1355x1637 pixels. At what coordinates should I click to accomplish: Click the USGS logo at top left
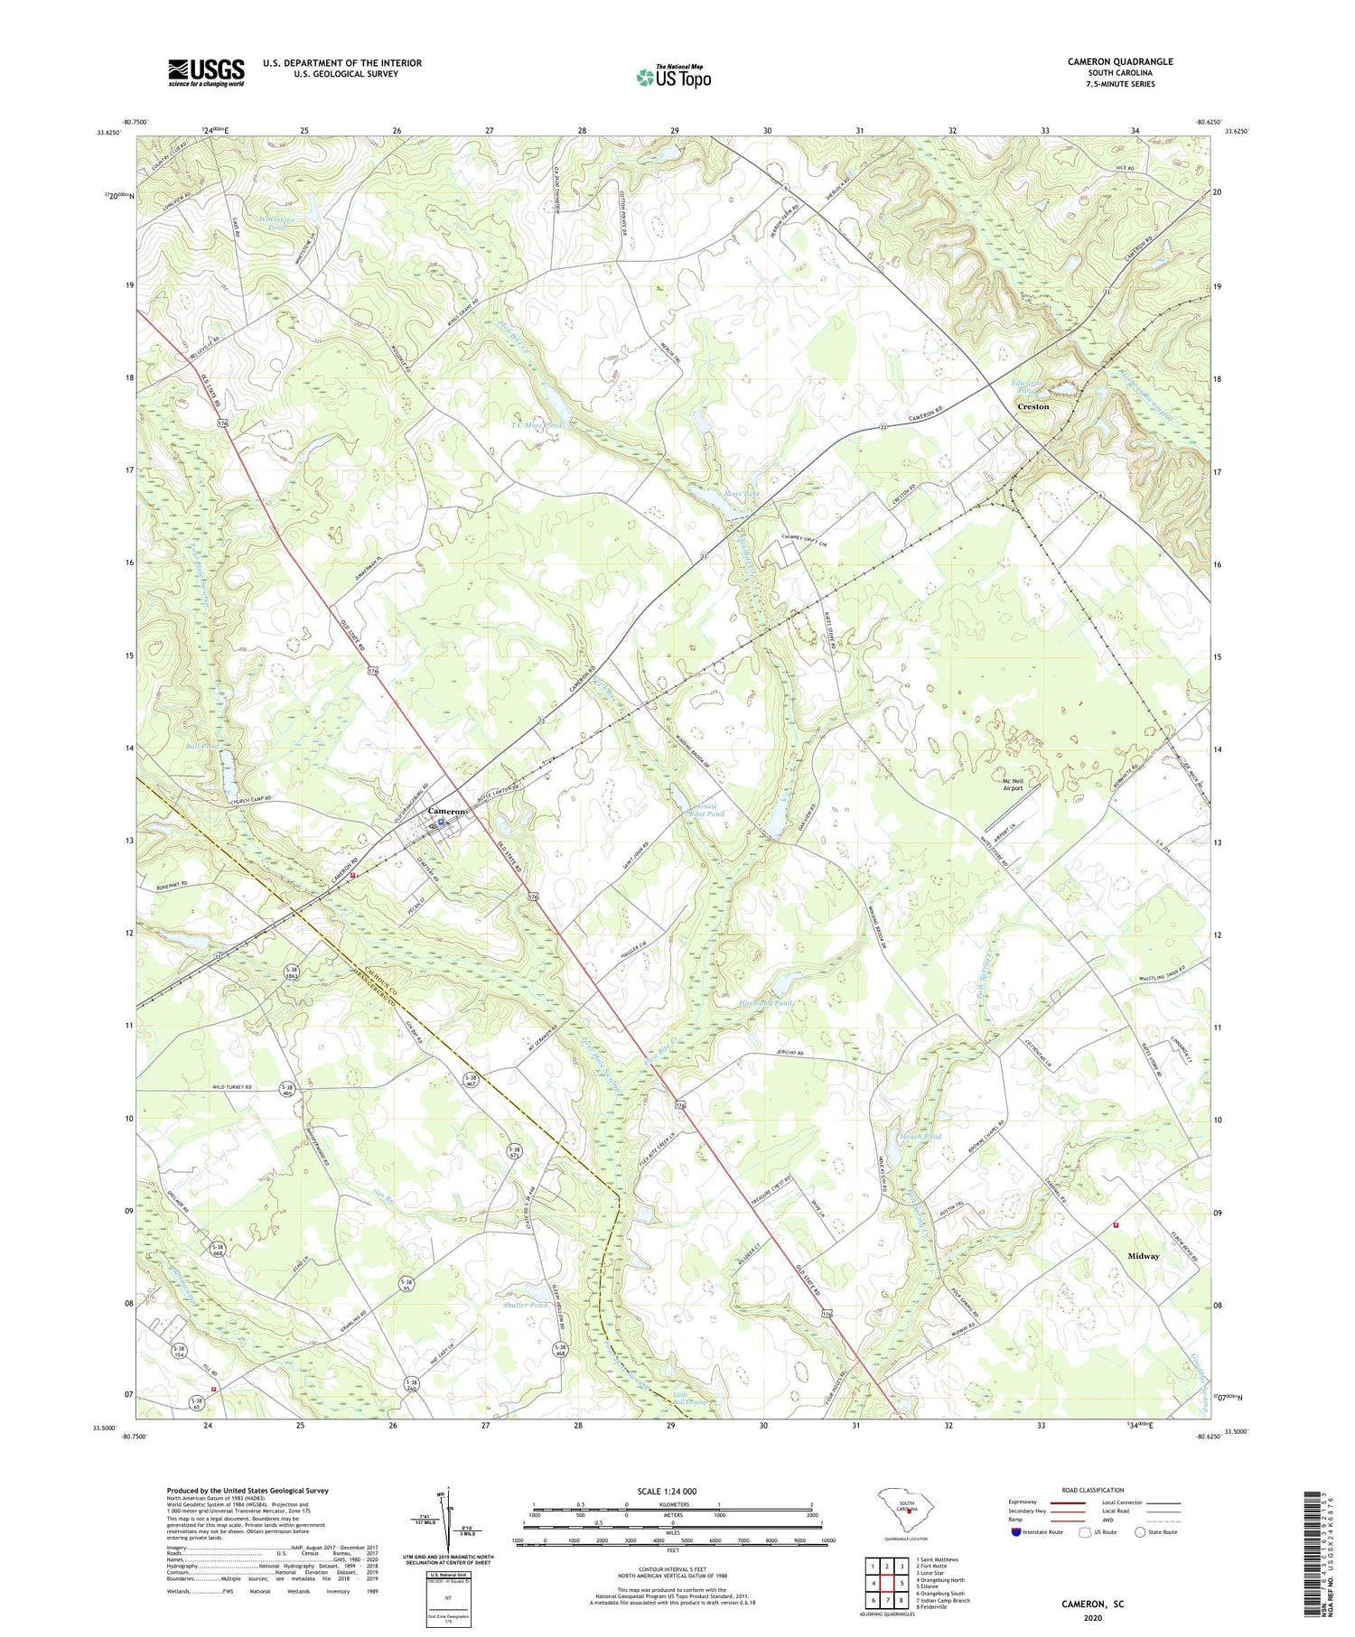206,72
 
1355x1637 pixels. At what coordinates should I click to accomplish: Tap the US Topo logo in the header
673,77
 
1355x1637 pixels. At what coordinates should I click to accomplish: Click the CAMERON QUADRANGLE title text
1119,61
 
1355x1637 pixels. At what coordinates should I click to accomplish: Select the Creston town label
1033,406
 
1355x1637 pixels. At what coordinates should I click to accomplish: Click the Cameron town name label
447,811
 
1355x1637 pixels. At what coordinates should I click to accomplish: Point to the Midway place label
1143,1256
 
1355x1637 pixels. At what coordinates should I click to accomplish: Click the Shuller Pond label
525,1305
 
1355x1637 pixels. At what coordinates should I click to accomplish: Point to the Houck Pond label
920,1136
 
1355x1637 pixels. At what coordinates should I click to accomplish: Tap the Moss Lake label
743,493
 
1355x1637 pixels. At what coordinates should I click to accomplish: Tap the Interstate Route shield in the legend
1015,1532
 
